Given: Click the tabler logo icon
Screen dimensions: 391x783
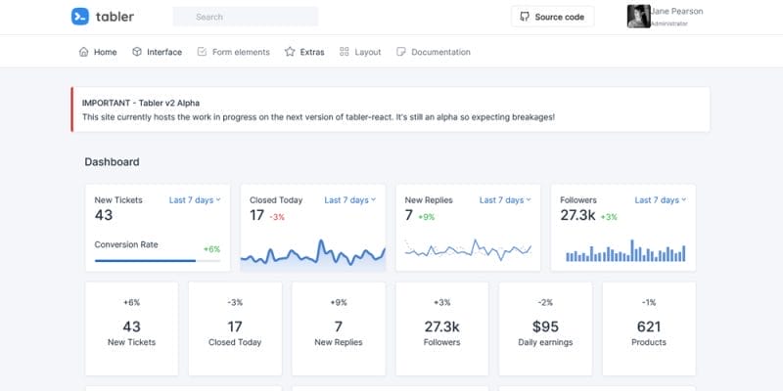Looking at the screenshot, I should point(81,17).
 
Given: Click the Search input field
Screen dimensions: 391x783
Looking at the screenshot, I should point(245,17).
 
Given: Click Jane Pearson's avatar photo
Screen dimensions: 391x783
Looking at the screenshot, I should point(640,17).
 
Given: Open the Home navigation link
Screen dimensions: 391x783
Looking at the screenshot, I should point(97,52).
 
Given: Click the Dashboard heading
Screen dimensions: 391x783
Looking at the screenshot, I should point(112,162).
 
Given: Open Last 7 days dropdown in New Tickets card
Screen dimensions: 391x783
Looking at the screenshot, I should point(195,200).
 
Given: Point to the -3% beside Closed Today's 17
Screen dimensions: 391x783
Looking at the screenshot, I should point(277,217).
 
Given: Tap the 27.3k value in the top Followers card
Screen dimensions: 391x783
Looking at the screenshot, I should point(576,216).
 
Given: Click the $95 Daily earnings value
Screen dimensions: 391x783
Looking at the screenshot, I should point(545,326).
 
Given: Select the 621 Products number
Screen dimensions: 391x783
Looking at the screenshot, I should point(649,326).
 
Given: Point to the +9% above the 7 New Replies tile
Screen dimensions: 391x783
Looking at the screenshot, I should point(339,302).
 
